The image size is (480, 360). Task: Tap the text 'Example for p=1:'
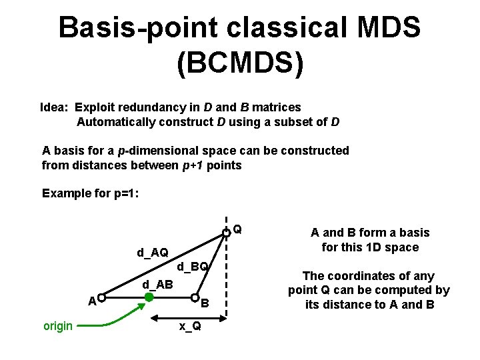tap(90, 193)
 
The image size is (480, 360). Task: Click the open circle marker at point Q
tap(227, 232)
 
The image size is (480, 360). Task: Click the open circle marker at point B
tap(195, 297)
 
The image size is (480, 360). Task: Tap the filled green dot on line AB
tap(149, 297)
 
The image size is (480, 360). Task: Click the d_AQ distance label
tap(153, 253)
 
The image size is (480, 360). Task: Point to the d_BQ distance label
tap(193, 267)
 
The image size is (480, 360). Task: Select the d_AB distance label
tap(158, 285)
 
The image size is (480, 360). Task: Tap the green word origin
tap(58, 327)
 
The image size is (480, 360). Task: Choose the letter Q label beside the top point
tap(237, 231)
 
